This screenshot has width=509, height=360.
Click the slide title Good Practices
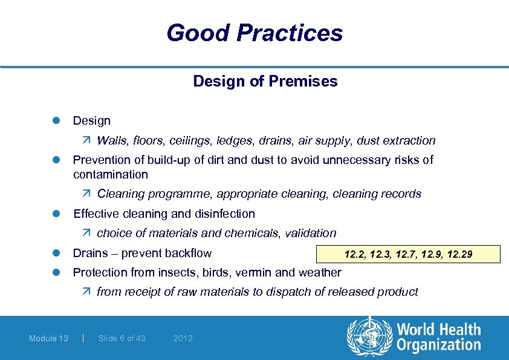pos(254,33)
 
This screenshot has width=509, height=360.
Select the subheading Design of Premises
pos(265,81)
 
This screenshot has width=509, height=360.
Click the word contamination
pos(110,174)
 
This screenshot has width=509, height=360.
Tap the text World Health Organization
pos(438,338)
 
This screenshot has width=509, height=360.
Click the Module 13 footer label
pos(48,338)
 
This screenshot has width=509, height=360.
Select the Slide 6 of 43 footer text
pos(122,338)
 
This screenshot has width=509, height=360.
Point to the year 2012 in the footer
pos(183,338)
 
